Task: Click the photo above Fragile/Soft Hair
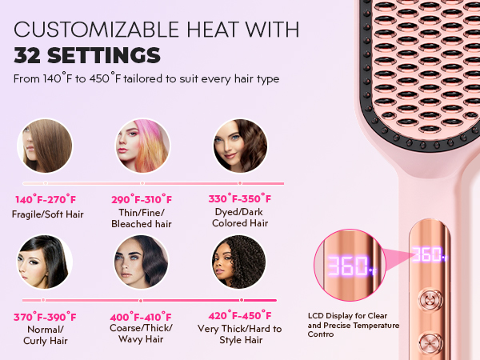click(x=45, y=146)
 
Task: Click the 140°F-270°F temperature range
click(x=45, y=199)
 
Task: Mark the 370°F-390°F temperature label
click(x=45, y=317)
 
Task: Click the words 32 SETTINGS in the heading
click(x=86, y=56)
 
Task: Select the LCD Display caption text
click(x=352, y=323)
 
